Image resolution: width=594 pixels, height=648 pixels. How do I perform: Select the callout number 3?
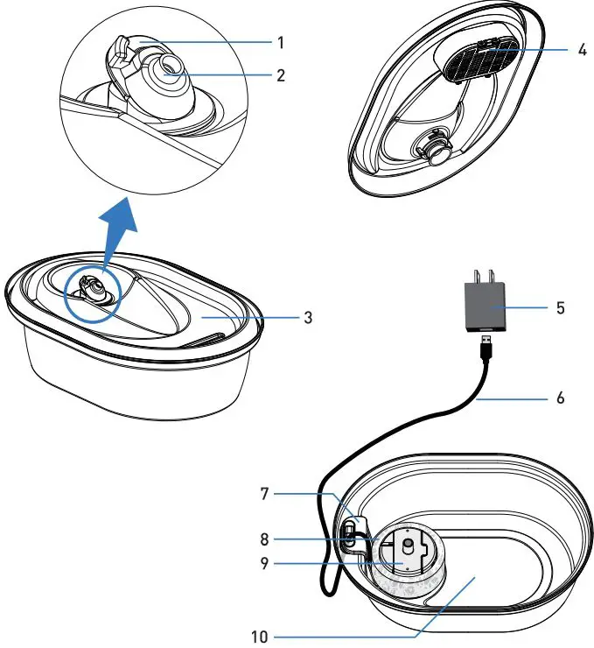coord(307,316)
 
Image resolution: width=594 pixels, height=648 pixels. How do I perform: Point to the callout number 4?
coord(582,49)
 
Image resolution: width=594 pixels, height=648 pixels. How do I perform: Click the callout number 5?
coord(561,308)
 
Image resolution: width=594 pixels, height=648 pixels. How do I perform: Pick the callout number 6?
coord(561,397)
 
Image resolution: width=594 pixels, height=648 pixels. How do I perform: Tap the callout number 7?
coord(264,495)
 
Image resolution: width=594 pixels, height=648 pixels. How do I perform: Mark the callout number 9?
coord(264,564)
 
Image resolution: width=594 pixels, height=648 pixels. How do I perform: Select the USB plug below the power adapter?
coord(486,348)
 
